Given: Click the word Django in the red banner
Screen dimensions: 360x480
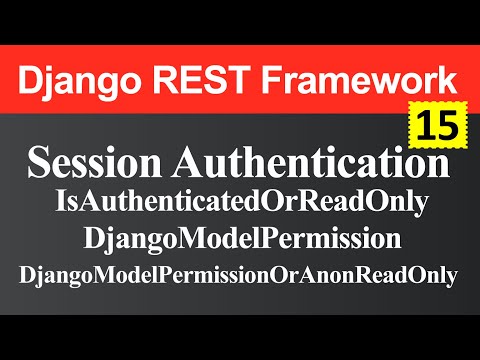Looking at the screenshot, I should pyautogui.click(x=80, y=81).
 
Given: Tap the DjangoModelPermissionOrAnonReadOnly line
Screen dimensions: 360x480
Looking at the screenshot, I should pyautogui.click(x=240, y=274).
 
